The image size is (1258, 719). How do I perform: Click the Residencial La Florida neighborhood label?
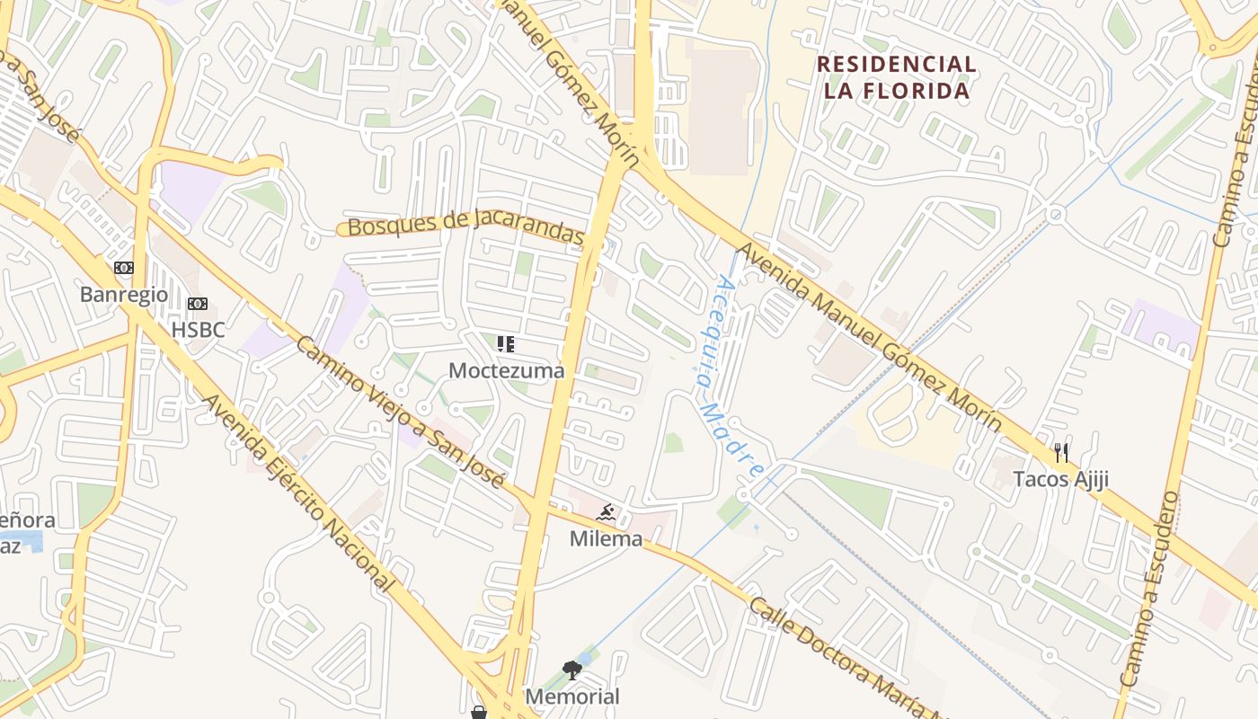click(x=896, y=77)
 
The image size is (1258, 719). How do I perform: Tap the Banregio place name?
click(x=124, y=294)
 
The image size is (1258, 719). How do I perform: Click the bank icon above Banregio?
click(x=124, y=268)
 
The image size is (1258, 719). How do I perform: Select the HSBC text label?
click(x=198, y=330)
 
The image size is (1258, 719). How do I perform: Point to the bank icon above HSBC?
click(x=198, y=304)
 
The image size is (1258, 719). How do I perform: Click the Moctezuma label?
click(x=506, y=370)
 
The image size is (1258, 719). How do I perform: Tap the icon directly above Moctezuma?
click(x=506, y=343)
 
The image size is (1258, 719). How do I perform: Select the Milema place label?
click(x=607, y=538)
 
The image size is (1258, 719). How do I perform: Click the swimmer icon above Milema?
click(x=607, y=513)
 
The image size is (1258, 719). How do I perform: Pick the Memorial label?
click(x=572, y=696)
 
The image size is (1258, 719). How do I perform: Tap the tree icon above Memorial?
click(x=572, y=670)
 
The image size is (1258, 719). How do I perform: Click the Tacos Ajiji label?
click(x=1061, y=479)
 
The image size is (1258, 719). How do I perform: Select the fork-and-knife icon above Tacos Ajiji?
click(x=1061, y=452)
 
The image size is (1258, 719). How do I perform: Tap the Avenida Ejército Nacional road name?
click(x=299, y=493)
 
